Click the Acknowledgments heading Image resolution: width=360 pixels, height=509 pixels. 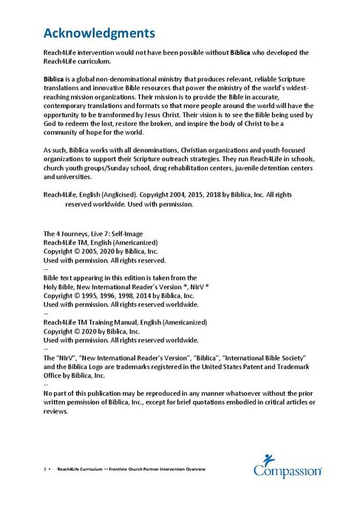[99, 33]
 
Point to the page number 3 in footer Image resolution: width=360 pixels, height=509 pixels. [45, 470]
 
